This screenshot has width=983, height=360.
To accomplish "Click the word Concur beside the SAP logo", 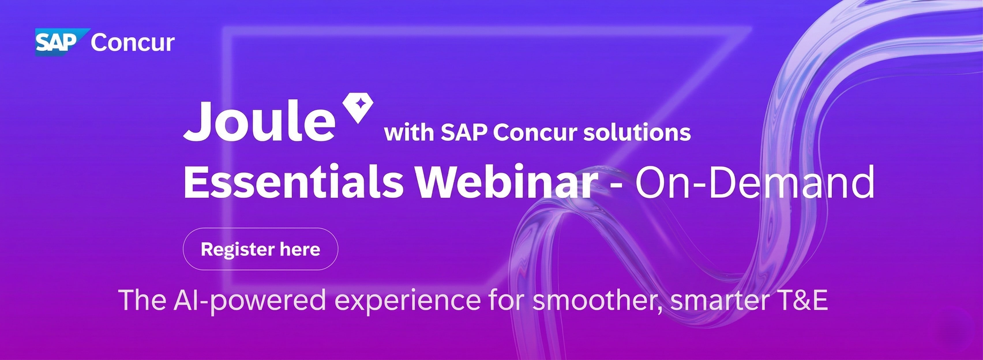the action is click(133, 43).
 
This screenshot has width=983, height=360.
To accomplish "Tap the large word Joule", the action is click(260, 121).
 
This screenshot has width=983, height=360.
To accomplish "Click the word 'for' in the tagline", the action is click(506, 300).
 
